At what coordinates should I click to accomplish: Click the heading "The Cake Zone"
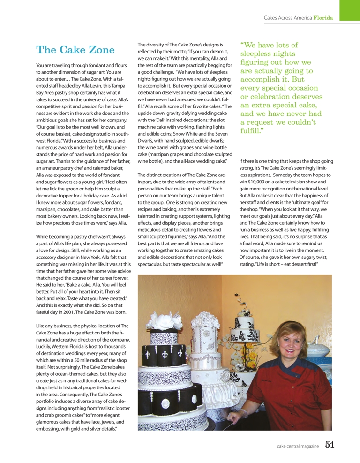pyautogui.click(x=75, y=50)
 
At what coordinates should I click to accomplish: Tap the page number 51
pyautogui.click(x=330, y=445)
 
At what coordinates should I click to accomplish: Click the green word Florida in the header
pyautogui.click(x=323, y=18)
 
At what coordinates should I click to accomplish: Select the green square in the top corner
pyautogui.click(x=349, y=10)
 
